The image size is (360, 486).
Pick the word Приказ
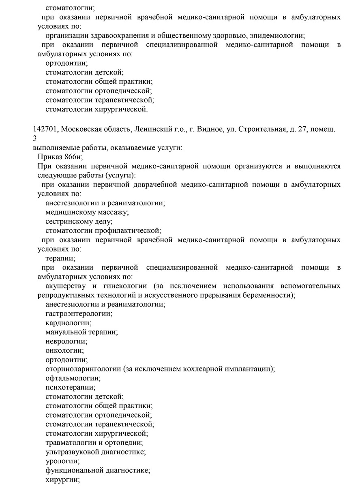(x=49, y=157)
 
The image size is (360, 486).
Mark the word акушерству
(x=66, y=286)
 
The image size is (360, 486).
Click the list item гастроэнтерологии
(x=79, y=313)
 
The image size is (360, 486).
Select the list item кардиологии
(x=68, y=323)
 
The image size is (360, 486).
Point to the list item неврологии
(x=66, y=341)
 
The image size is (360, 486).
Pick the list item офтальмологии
(x=73, y=378)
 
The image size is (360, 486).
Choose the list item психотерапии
(x=70, y=387)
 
